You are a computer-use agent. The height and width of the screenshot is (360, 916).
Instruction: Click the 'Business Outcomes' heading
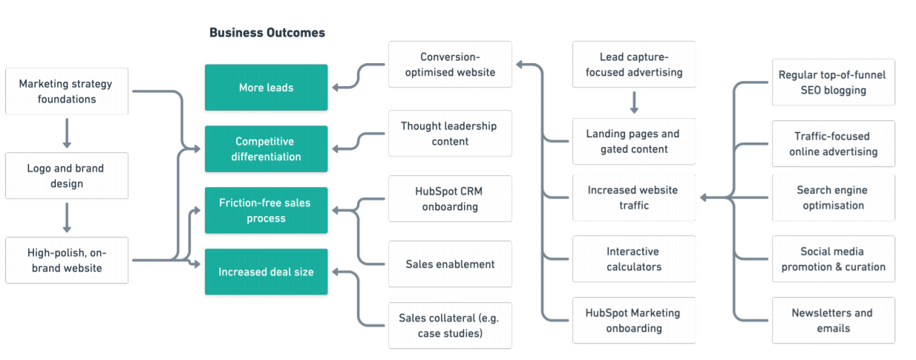266,33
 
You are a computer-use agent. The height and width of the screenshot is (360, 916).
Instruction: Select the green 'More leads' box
266,88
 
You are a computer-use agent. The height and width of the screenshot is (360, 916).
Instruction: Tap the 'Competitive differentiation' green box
266,149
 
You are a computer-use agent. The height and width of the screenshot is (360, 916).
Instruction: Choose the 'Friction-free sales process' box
266,211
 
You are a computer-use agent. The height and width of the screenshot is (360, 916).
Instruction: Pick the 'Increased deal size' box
266,272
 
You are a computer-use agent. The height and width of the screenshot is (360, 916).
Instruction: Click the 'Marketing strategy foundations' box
67,91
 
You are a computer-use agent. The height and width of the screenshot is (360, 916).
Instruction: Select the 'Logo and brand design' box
67,176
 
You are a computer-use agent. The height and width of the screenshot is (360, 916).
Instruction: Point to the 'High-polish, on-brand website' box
67,260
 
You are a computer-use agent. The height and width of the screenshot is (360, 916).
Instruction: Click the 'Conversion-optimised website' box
450,65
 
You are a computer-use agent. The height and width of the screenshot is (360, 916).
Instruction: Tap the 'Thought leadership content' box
450,134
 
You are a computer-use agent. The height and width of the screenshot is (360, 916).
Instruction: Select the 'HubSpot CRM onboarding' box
450,199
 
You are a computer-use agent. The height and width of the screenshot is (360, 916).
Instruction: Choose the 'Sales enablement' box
450,264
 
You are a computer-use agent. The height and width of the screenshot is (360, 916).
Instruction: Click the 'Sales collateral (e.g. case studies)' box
450,326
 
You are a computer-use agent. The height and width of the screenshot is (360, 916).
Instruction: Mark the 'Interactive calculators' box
633,259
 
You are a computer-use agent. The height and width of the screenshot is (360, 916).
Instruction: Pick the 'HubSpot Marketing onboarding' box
633,321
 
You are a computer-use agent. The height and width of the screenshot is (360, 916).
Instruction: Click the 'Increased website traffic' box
633,197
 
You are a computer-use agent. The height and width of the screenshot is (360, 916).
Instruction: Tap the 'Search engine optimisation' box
833,197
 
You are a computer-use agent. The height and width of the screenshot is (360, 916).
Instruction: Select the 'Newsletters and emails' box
833,321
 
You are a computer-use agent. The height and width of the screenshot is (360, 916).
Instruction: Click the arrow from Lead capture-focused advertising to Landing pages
634,102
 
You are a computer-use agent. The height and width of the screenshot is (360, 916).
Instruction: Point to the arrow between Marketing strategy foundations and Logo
67,134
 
